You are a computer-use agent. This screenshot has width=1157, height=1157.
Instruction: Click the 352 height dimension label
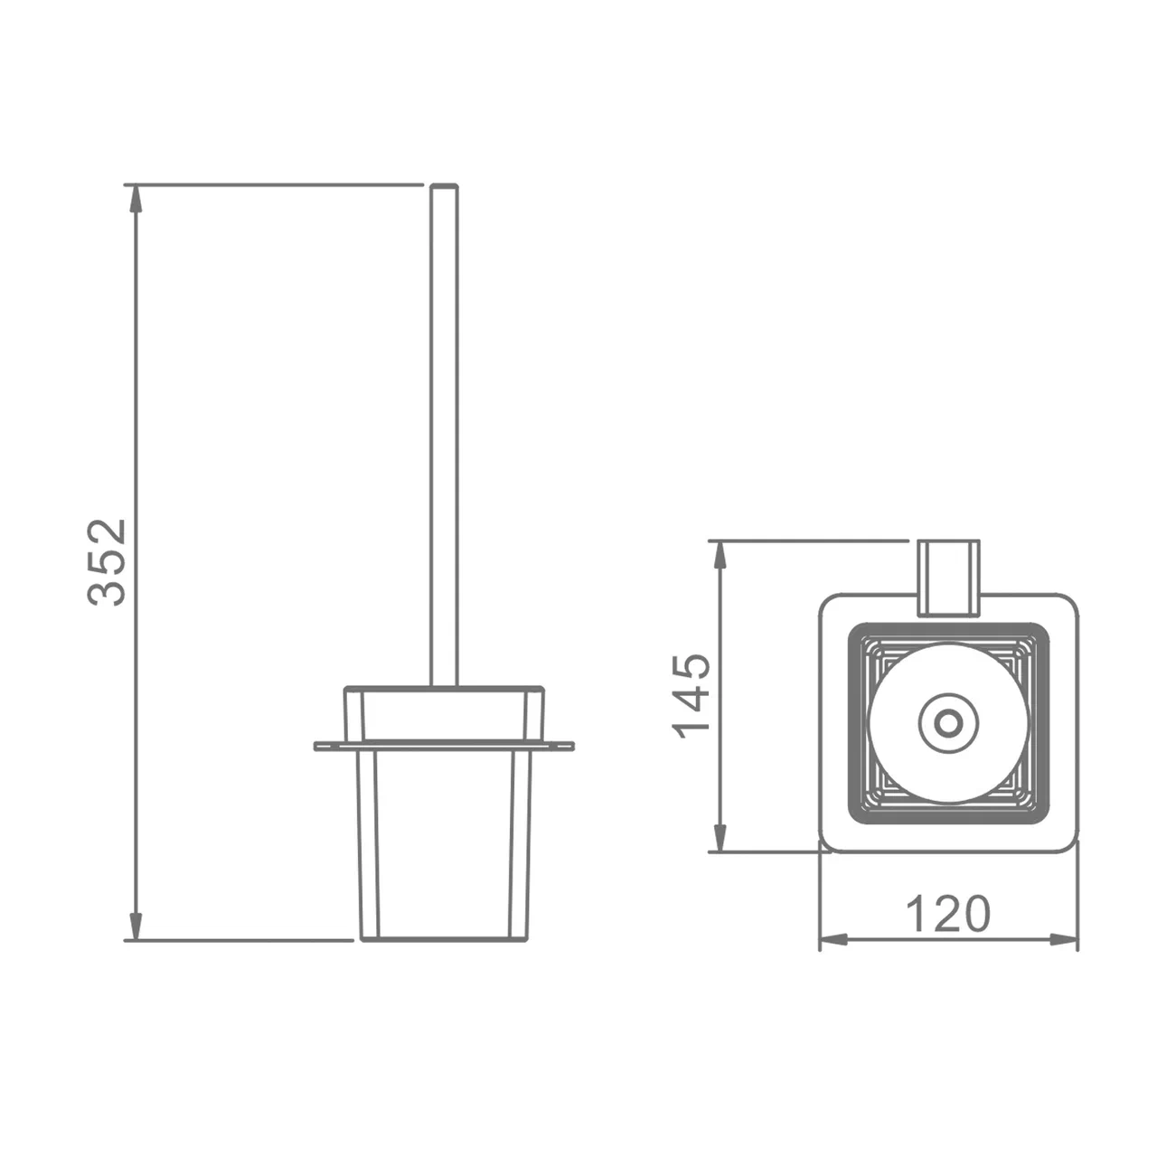107,562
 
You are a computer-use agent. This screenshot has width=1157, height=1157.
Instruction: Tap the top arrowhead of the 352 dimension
136,199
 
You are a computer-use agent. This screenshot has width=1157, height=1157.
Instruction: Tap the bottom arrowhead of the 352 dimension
136,926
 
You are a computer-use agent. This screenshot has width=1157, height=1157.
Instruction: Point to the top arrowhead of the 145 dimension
720,555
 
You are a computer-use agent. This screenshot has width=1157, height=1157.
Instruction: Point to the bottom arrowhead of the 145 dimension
720,837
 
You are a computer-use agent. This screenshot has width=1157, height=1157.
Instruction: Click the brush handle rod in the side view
445,436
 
